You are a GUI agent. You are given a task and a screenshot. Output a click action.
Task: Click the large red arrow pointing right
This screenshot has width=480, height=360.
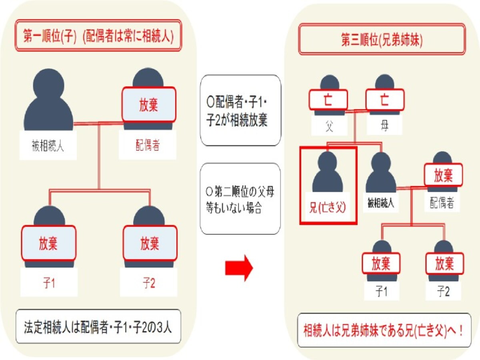tap(239, 268)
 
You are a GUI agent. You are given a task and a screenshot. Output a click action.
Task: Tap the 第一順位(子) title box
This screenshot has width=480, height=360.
tap(98, 36)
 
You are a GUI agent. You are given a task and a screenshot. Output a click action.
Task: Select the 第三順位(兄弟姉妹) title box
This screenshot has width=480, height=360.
tap(382, 39)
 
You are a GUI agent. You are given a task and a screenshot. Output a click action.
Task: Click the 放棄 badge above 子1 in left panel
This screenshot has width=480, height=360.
tap(48, 243)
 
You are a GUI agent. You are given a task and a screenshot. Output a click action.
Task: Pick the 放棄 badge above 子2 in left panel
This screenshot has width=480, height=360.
tap(150, 243)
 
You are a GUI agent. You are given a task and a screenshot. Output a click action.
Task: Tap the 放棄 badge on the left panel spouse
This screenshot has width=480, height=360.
tap(149, 104)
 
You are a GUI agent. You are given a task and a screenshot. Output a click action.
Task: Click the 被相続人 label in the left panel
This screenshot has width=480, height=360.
tap(48, 146)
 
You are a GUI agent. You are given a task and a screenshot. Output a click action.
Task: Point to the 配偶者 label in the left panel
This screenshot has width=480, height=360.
tap(148, 145)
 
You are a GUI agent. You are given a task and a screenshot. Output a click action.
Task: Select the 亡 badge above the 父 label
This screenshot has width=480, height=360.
tap(328, 100)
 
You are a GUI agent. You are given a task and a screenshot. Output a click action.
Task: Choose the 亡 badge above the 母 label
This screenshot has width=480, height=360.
tap(385, 100)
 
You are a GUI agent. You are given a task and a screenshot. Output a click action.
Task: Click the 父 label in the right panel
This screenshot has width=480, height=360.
tap(329, 126)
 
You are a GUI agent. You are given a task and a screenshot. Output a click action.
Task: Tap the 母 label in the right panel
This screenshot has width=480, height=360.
tap(384, 126)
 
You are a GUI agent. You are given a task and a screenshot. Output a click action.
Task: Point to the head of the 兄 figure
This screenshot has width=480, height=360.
tap(327, 162)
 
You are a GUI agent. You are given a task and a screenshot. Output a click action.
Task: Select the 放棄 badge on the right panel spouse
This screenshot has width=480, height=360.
tap(443, 175)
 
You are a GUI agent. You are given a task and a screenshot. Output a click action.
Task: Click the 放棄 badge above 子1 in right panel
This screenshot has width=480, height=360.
tap(381, 263)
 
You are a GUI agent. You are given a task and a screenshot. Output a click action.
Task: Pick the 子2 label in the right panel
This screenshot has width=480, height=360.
tap(443, 291)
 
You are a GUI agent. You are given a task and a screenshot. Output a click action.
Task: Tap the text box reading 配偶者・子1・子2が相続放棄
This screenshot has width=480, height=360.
tap(240, 110)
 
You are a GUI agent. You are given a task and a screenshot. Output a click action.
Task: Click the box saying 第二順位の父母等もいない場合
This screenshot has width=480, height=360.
tap(240, 198)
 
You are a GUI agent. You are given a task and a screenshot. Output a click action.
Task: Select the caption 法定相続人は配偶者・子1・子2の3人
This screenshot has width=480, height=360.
tap(98, 326)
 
